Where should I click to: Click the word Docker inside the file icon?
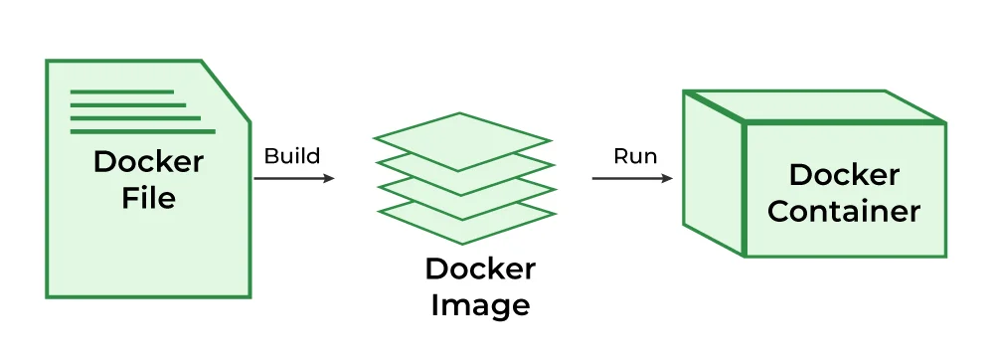[x=148, y=161]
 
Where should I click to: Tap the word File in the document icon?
[x=148, y=198]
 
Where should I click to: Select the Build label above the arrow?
[x=292, y=156]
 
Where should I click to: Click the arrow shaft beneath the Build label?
[x=288, y=179]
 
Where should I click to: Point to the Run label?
[x=634, y=156]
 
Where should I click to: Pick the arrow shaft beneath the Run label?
[x=626, y=179]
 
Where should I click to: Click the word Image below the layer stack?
[x=480, y=304]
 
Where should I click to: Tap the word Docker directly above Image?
[x=480, y=269]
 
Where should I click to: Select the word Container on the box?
[x=844, y=212]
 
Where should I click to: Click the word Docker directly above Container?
[x=844, y=175]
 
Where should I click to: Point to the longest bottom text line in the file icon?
[x=142, y=130]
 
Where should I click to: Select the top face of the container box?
[x=810, y=106]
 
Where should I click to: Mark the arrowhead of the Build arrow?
[x=330, y=179]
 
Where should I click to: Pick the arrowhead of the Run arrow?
[x=667, y=179]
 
